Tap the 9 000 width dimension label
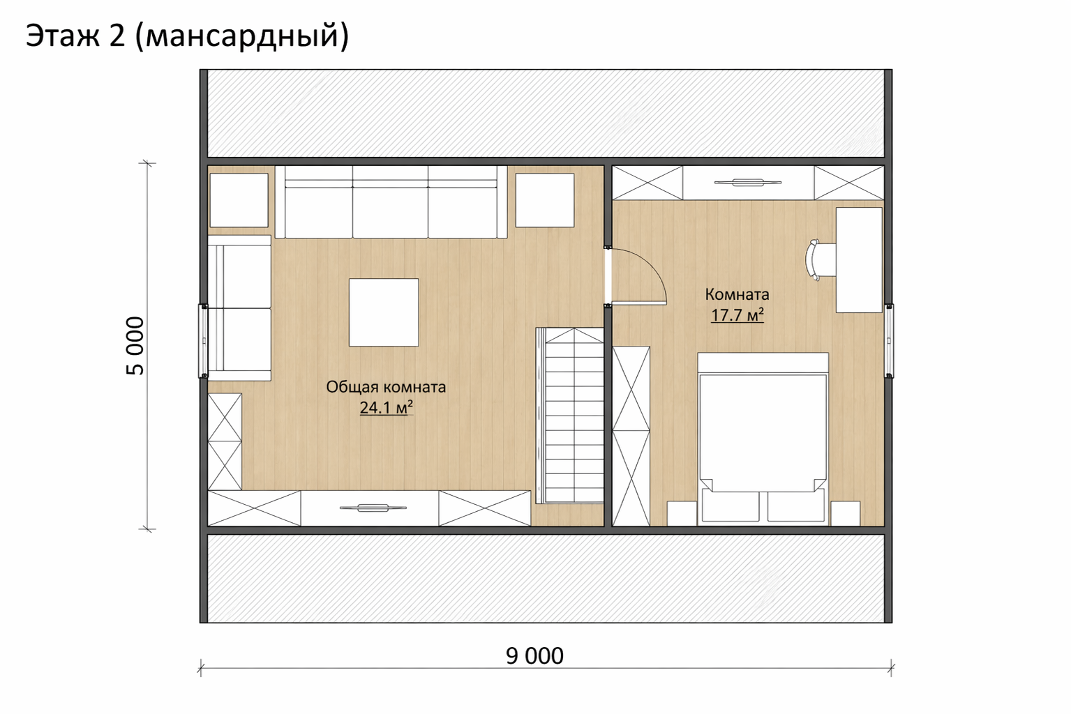click(534, 656)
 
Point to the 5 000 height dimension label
click(135, 346)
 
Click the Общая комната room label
click(386, 386)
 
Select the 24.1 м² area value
click(387, 408)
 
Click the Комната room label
click(737, 294)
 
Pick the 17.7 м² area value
click(737, 315)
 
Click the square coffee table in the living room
click(384, 312)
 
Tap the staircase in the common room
click(570, 416)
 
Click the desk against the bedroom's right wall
click(859, 260)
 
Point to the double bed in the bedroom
click(763, 436)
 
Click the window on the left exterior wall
click(204, 341)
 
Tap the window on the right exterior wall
click(888, 341)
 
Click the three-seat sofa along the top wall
click(391, 202)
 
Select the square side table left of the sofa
click(239, 200)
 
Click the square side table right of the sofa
click(545, 200)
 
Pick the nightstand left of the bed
click(682, 513)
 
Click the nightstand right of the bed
click(846, 513)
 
